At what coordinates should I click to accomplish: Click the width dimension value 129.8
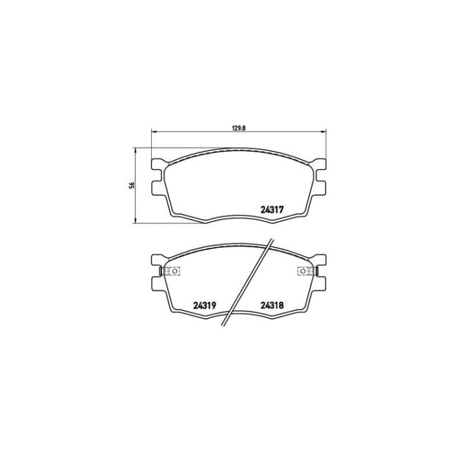coord(238,126)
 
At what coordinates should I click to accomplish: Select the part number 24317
coord(272,209)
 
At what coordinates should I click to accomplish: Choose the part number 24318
coord(272,305)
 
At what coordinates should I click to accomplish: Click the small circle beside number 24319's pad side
coord(173,272)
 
